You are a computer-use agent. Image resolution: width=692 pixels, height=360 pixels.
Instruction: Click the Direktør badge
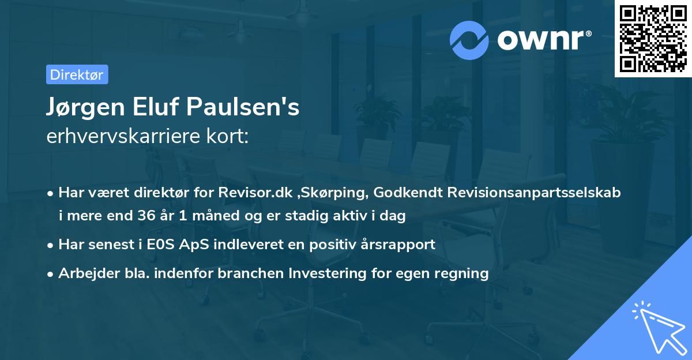77,74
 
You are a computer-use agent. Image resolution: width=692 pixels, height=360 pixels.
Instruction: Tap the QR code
653,38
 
